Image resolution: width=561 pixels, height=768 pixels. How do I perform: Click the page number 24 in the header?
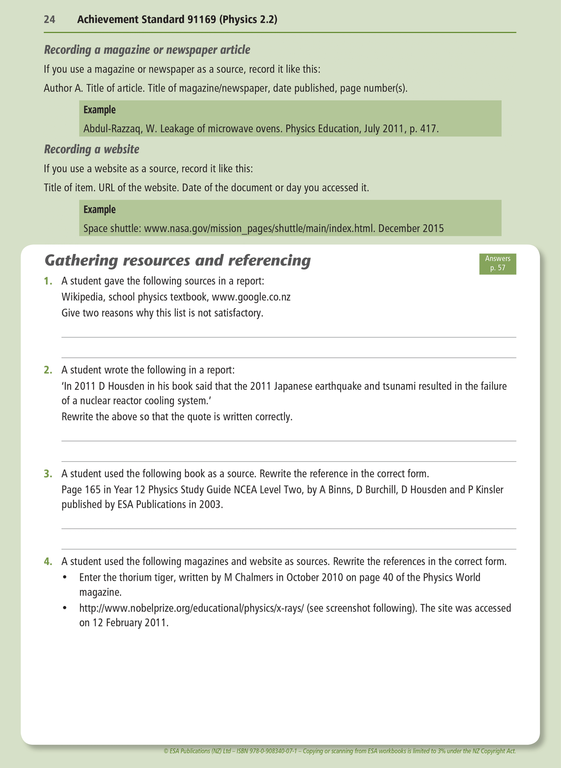click(49, 19)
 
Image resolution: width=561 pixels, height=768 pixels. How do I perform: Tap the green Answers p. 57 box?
click(497, 263)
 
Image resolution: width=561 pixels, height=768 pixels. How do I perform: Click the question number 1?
click(48, 281)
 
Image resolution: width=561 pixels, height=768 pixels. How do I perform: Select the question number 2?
click(48, 370)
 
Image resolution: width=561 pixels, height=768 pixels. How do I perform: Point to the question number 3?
click(48, 474)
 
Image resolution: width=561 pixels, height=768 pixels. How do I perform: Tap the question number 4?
click(48, 561)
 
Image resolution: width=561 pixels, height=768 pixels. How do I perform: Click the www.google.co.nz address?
click(251, 297)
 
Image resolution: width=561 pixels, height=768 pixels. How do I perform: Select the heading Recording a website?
click(92, 149)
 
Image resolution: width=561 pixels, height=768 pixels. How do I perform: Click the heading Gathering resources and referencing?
click(178, 261)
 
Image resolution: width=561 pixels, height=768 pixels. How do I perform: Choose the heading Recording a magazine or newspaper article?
click(147, 50)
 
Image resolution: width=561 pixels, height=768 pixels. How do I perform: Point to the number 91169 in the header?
click(201, 19)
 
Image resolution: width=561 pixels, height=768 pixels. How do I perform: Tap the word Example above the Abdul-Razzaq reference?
click(100, 110)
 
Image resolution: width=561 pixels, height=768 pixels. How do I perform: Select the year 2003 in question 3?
click(211, 505)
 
